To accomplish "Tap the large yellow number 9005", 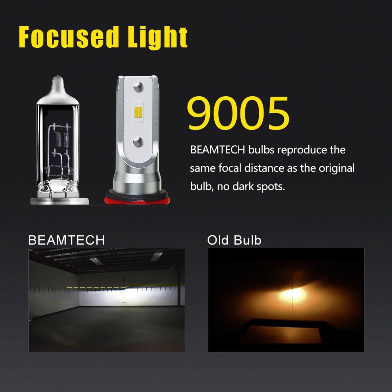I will click(x=238, y=113).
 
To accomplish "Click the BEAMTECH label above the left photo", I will click(x=66, y=240).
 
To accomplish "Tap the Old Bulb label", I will click(x=234, y=240).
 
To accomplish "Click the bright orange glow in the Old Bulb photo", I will click(x=291, y=295).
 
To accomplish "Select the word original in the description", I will click(x=337, y=168).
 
